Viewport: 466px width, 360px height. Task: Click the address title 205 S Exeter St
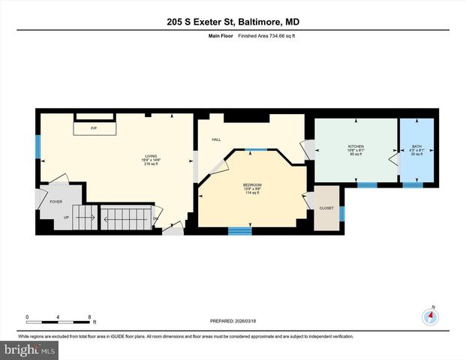(233, 22)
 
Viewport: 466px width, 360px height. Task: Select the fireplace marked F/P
(94, 128)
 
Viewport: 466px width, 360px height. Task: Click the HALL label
(216, 139)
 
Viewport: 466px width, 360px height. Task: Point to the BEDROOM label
(251, 184)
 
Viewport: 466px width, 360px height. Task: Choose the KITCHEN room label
(355, 145)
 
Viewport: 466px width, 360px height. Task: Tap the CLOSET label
(326, 208)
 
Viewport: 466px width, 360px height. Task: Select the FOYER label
(56, 202)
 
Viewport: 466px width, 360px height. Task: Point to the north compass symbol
(430, 315)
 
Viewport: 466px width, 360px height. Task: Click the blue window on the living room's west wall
(37, 147)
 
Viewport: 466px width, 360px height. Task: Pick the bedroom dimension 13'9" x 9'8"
(251, 188)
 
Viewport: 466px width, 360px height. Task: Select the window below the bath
(413, 184)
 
